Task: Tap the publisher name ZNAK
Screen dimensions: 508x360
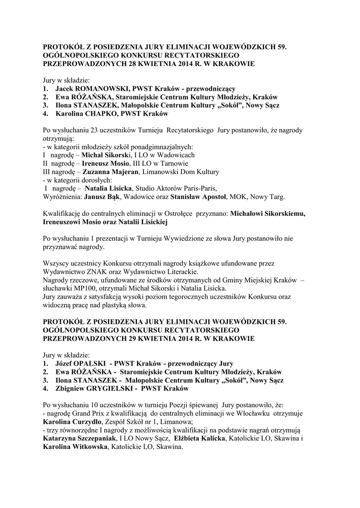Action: [94, 272]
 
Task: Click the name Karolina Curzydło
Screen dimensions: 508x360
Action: [68, 422]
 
